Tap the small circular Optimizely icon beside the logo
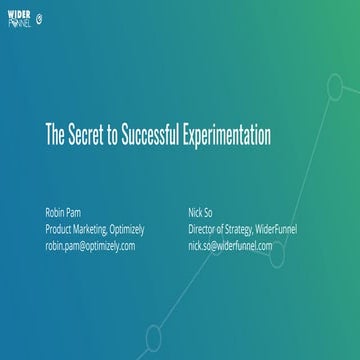(x=39, y=17)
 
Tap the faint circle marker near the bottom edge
(x=153, y=335)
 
